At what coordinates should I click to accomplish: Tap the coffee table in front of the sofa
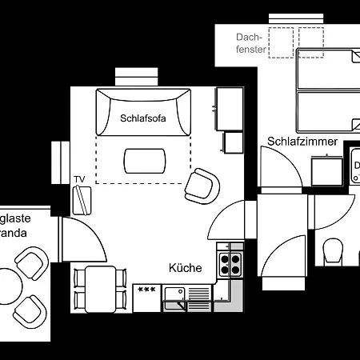pos(144,161)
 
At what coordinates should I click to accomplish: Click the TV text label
pos(79,178)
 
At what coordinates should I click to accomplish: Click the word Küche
pos(185,268)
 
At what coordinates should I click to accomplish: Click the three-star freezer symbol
pos(147,289)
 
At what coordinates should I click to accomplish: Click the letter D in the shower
pos(357,166)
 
